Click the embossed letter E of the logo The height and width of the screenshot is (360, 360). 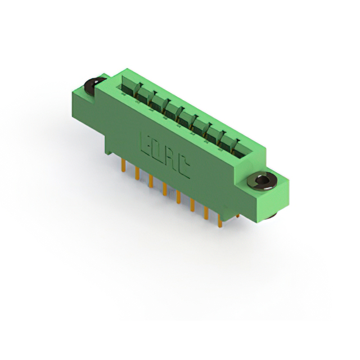(x=146, y=144)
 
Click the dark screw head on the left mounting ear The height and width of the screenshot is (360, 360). (x=93, y=86)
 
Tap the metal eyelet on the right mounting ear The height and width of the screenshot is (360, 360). (x=262, y=181)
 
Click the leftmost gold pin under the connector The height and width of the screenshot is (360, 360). (x=123, y=166)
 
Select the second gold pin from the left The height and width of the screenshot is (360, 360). (x=137, y=173)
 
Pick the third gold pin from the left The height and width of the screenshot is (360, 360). (x=151, y=181)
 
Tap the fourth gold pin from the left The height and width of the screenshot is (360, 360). (x=165, y=189)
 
